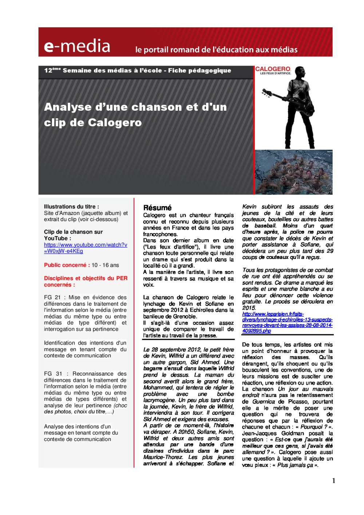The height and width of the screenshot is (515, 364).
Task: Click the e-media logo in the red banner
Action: coord(77,46)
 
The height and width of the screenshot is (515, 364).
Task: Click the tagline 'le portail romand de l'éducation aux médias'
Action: coord(216,50)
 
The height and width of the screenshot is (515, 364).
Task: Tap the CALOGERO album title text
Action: coord(273,69)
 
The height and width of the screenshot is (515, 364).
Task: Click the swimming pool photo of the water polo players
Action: coord(293,172)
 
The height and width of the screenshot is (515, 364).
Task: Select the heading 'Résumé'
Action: coord(157,208)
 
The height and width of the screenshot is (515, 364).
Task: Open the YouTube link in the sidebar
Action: coord(86,248)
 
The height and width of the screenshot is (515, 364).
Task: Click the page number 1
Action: coord(333,481)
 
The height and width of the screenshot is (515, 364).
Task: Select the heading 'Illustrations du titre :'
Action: coord(71,207)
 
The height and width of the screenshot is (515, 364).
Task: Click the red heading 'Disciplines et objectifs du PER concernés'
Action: coord(86,282)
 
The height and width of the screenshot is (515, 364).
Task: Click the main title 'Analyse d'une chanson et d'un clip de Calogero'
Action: coord(135,114)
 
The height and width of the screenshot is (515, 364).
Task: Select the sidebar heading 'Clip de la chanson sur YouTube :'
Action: coord(73,235)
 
